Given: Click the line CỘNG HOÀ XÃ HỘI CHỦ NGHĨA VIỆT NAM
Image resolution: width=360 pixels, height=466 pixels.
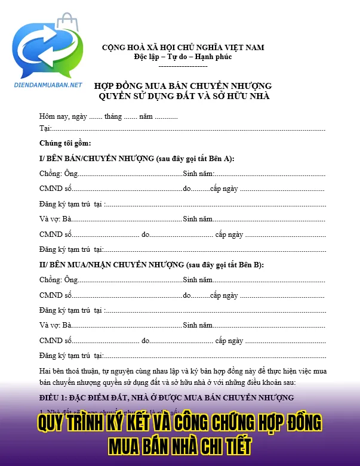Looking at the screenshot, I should (x=183, y=47).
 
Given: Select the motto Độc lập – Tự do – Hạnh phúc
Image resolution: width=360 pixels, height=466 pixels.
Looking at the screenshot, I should (x=183, y=57).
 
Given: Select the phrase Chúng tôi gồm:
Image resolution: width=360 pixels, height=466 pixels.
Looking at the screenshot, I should (x=65, y=143).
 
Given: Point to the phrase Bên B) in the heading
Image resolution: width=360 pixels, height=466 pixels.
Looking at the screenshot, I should (x=250, y=264).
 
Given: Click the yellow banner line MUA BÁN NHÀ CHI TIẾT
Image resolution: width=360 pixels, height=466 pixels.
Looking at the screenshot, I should (x=180, y=445).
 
